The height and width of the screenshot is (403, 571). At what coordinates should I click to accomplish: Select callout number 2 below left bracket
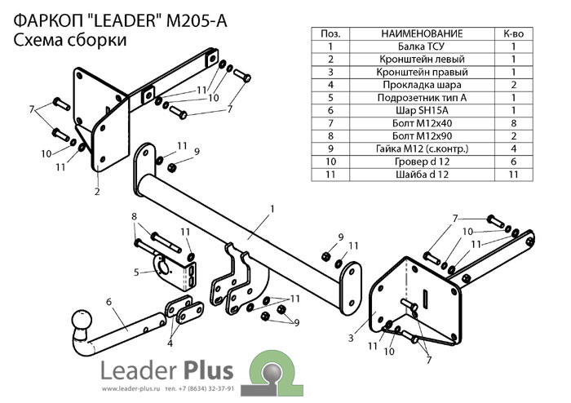coord(96,192)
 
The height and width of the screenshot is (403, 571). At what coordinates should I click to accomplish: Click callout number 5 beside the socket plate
coord(138,272)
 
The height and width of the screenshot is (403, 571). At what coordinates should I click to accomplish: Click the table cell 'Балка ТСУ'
coord(422,46)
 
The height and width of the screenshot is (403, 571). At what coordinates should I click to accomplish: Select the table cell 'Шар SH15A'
coord(422,110)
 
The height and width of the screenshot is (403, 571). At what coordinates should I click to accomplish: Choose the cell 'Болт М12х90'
coord(422,135)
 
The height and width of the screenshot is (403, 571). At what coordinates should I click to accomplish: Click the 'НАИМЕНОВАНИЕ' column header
coord(422,33)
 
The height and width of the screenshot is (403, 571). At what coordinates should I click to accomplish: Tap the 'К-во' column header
coord(514,33)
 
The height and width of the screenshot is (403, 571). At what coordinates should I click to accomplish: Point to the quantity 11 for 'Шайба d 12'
coord(514,174)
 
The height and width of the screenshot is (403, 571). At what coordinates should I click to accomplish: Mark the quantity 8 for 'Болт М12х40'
coord(514,123)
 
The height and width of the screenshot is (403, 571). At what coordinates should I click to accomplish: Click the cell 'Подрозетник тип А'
coord(422,97)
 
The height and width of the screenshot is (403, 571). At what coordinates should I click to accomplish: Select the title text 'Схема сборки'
coord(70,42)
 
